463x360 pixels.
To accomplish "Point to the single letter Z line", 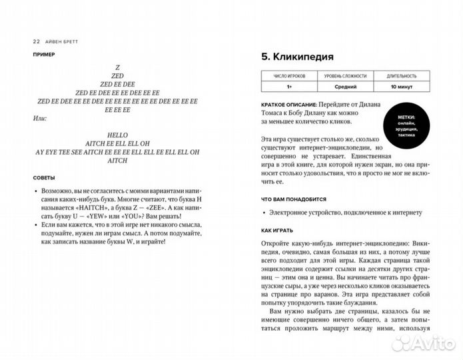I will tap(117, 67).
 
